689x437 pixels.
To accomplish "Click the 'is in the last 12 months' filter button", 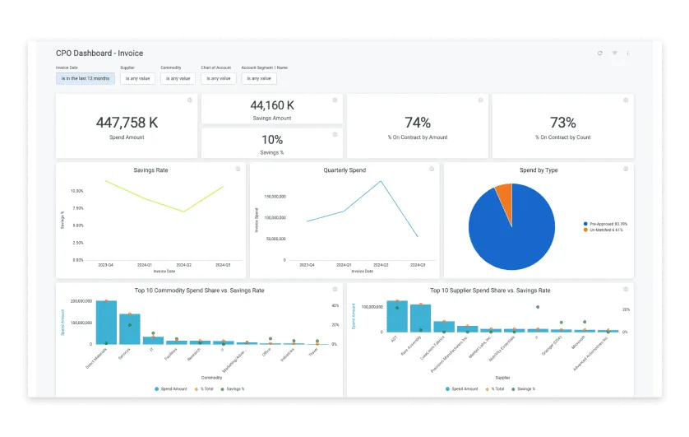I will (86, 79).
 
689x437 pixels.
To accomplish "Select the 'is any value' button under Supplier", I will (137, 79).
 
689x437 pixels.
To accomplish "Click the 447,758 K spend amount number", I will (127, 123).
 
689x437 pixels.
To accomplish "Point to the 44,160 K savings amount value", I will (272, 105).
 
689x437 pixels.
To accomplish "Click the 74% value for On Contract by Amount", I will (418, 123).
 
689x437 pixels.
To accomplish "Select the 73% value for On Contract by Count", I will (562, 123).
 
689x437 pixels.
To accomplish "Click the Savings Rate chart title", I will (150, 170).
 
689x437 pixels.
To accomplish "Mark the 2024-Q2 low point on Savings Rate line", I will (185, 212).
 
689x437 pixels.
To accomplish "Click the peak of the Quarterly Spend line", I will (381, 181).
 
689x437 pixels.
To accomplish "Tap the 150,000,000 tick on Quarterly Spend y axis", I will (275, 197).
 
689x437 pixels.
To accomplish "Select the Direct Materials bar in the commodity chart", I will (106, 322).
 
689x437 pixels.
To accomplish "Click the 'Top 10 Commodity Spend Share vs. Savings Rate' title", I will (199, 291).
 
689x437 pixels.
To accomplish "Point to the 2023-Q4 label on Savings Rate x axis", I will (105, 265).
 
